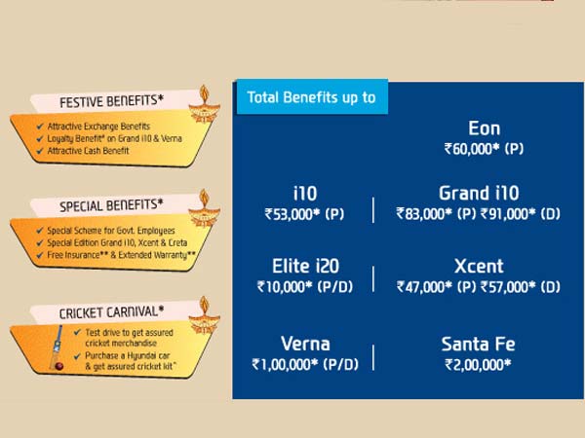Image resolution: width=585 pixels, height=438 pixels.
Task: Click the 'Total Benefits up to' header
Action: pos(311,97)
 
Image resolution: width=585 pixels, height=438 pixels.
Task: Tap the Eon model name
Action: pos(485,128)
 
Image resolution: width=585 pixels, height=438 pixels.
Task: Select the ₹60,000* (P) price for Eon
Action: pos(485,150)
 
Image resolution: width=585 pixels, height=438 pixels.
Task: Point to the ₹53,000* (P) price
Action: pos(304,213)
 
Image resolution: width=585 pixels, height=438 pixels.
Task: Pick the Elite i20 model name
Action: pos(304,266)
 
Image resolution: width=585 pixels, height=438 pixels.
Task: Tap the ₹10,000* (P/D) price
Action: pos(304,287)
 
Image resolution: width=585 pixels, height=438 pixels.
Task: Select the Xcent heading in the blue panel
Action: pos(479,266)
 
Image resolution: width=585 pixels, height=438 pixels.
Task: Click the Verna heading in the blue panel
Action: pos(304,344)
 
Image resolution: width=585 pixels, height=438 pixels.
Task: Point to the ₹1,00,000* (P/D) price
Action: pos(304,365)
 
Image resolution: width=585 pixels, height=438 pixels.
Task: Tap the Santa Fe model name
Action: pos(479,344)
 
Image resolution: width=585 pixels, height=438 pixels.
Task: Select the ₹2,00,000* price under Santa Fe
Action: pos(479,365)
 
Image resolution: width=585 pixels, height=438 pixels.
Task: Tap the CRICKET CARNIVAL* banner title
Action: pos(97,312)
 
